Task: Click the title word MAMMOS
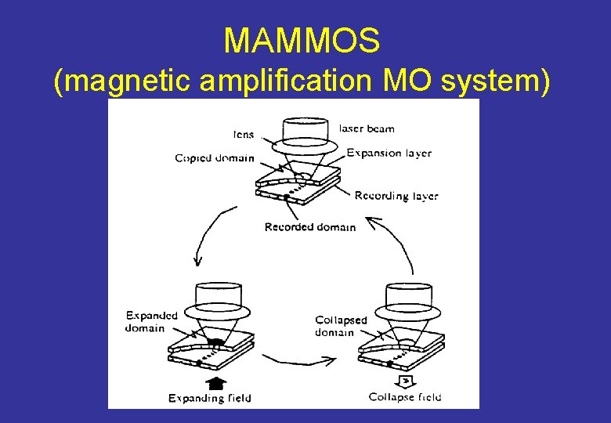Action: click(302, 40)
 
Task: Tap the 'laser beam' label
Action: click(367, 128)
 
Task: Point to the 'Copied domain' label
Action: click(214, 158)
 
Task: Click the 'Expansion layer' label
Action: click(389, 153)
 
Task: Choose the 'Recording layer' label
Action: click(396, 196)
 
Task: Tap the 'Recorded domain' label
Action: click(309, 227)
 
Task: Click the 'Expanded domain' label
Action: click(152, 321)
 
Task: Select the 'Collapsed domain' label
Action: click(341, 326)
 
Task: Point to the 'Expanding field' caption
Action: click(210, 398)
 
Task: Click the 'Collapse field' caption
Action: click(405, 397)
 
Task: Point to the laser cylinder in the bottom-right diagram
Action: click(403, 295)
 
